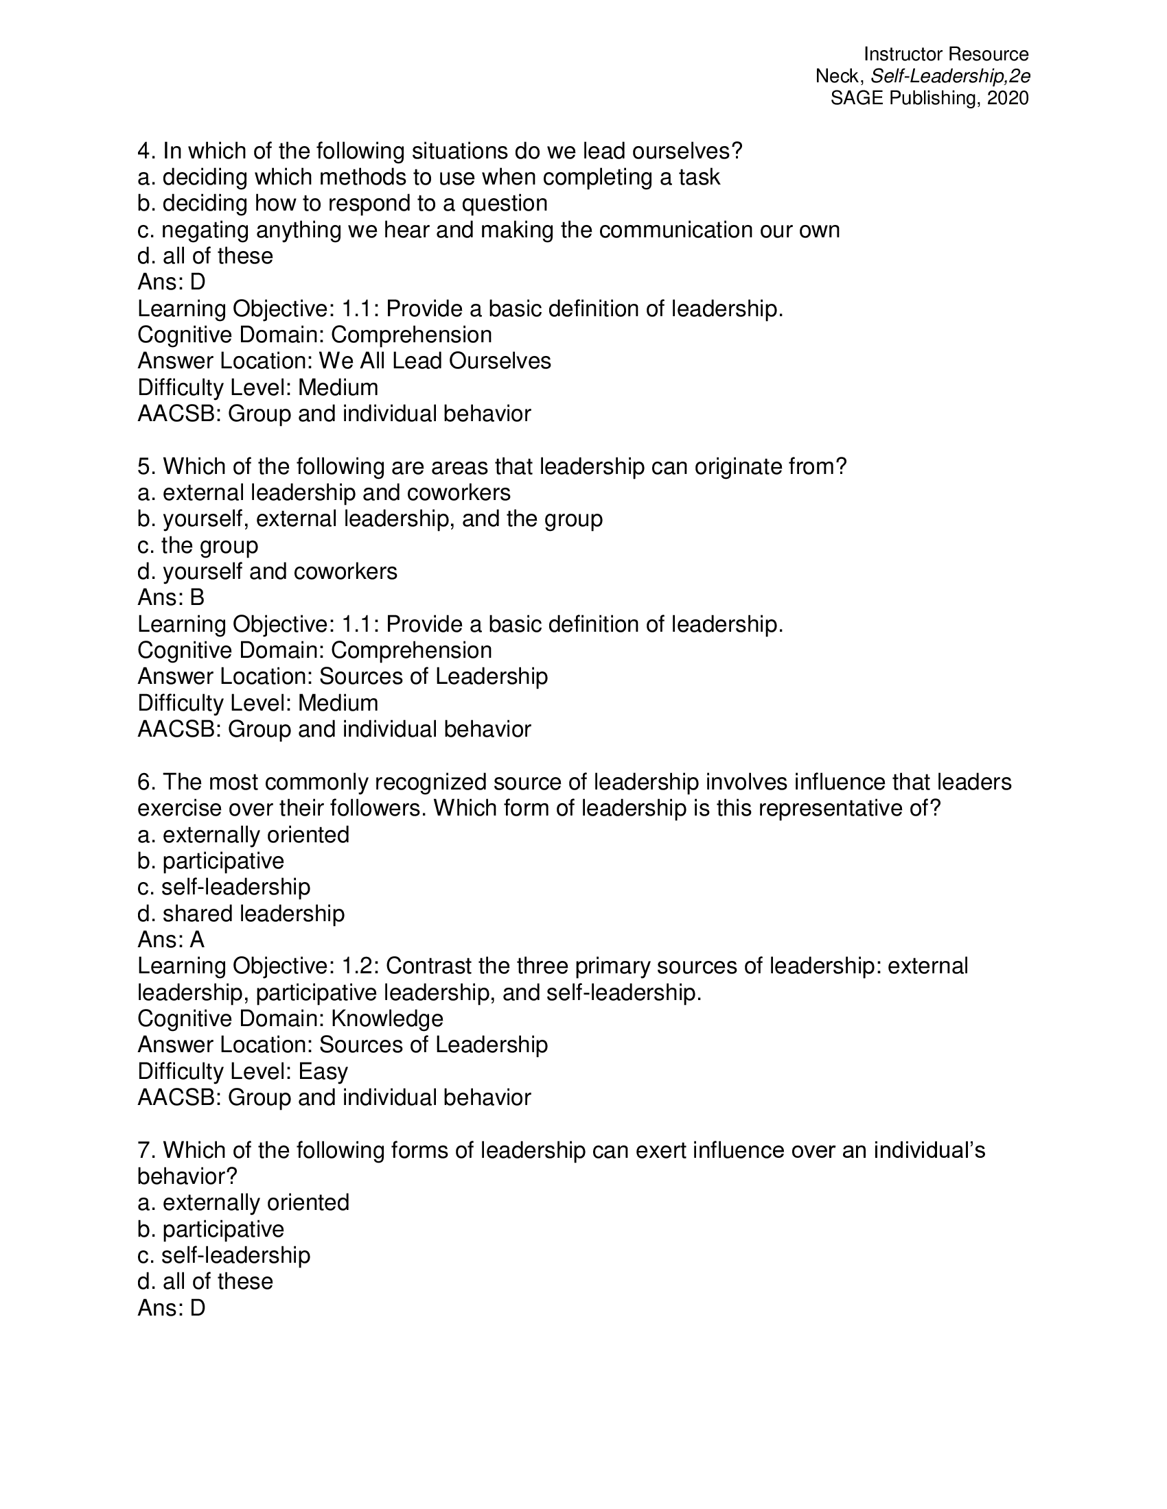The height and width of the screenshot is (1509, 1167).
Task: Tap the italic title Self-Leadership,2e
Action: point(951,76)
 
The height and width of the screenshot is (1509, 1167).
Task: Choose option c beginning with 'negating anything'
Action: point(488,230)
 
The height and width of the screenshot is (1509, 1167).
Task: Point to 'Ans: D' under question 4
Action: point(172,282)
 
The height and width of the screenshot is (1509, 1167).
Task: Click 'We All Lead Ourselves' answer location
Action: point(435,361)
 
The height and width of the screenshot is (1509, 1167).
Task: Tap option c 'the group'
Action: point(198,545)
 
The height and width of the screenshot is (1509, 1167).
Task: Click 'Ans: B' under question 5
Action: point(172,597)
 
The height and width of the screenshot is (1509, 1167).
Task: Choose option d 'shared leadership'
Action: point(240,914)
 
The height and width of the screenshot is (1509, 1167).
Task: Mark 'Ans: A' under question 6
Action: point(172,940)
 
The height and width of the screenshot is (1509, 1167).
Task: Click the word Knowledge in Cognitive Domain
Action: point(387,1019)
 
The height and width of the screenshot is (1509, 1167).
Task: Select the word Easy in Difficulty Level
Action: point(323,1071)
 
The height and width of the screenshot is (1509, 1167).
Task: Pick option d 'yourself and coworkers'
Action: point(268,571)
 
